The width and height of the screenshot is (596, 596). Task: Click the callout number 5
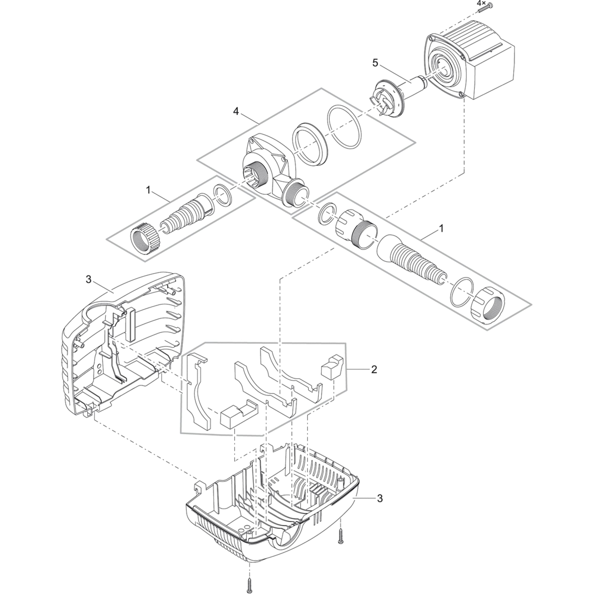click(x=375, y=63)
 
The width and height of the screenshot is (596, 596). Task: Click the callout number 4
click(x=236, y=112)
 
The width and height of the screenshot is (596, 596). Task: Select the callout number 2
click(x=374, y=369)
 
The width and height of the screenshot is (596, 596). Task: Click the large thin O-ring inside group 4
click(x=344, y=127)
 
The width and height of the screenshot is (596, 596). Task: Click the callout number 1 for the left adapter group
click(x=148, y=190)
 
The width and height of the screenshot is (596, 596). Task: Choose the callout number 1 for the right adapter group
click(x=441, y=229)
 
